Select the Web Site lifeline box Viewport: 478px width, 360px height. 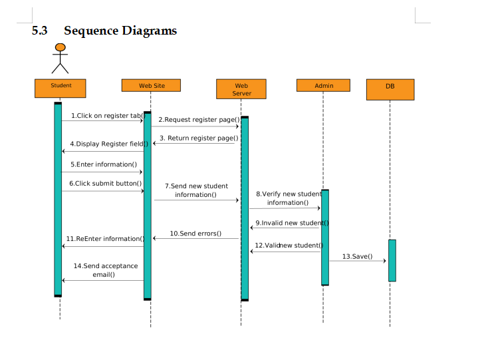[152, 86]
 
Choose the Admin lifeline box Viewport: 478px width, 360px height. [324, 86]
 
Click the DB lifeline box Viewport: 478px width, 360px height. [390, 89]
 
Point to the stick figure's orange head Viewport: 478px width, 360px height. [60, 47]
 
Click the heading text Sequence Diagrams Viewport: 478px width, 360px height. [120, 31]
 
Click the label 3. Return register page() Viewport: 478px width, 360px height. [199, 138]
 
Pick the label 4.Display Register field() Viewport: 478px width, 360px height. [108, 144]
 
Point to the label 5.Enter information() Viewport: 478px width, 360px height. [104, 164]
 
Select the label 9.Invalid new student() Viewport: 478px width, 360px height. [292, 223]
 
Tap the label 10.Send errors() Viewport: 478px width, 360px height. [195, 234]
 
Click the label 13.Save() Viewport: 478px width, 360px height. [357, 256]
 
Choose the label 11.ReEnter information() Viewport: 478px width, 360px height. [105, 238]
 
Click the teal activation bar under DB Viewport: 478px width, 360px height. [392, 260]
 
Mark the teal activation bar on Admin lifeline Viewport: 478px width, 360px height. [325, 238]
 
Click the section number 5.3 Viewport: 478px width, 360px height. [40, 31]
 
